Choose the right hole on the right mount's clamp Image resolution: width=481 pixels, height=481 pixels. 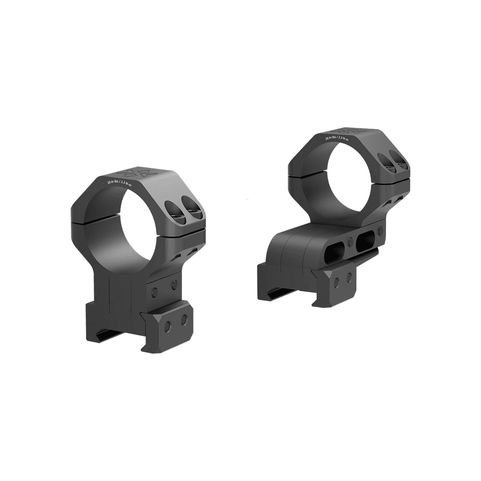(x=350, y=276)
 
